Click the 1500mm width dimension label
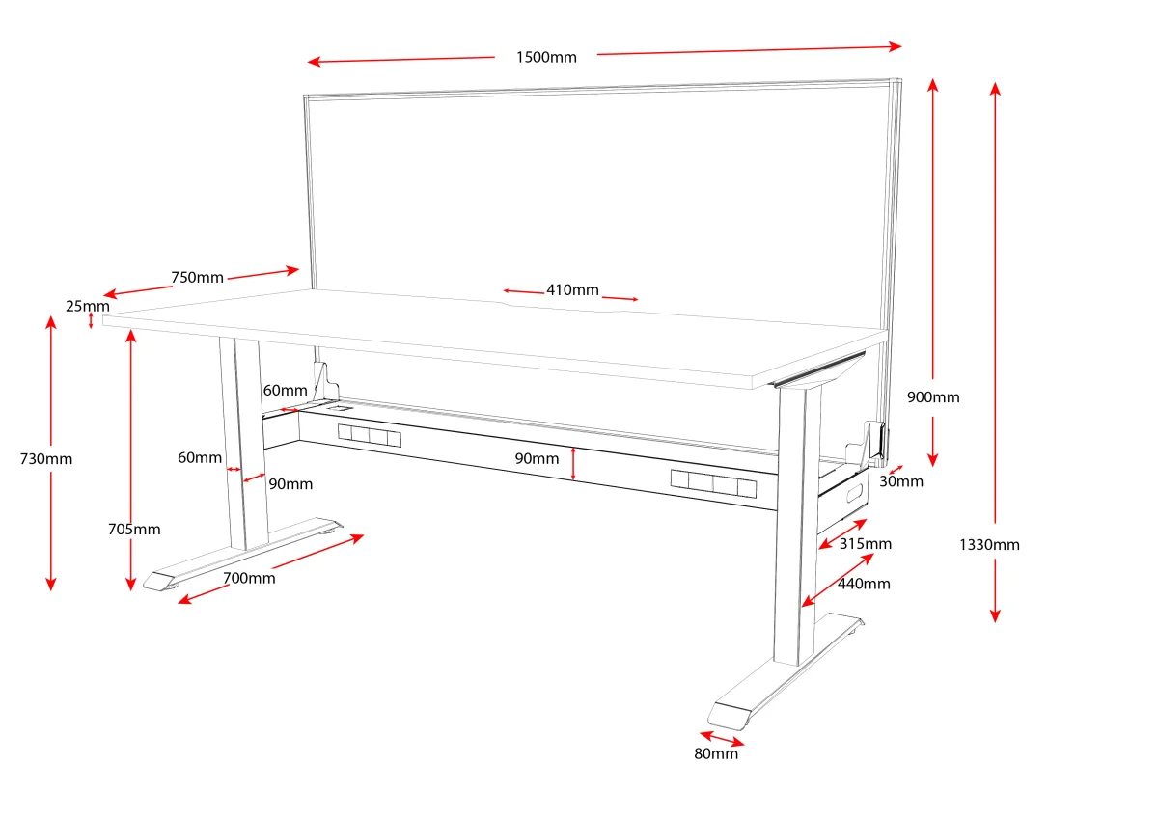coord(546,57)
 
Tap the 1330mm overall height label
coord(989,545)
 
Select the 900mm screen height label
coord(933,396)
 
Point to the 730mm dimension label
coord(46,459)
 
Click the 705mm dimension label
coord(134,530)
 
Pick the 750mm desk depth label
coord(198,278)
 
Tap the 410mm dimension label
coord(573,289)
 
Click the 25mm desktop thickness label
coord(88,306)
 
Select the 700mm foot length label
coord(249,578)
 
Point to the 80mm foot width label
coord(716,754)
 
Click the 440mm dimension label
coord(864,584)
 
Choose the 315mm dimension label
coord(866,544)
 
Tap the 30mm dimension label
coord(901,481)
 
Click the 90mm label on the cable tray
coord(537,458)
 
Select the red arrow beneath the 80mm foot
coord(722,738)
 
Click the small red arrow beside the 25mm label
coord(91,320)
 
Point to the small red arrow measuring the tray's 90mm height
coord(573,464)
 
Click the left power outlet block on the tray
coord(369,435)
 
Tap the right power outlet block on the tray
coord(713,483)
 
